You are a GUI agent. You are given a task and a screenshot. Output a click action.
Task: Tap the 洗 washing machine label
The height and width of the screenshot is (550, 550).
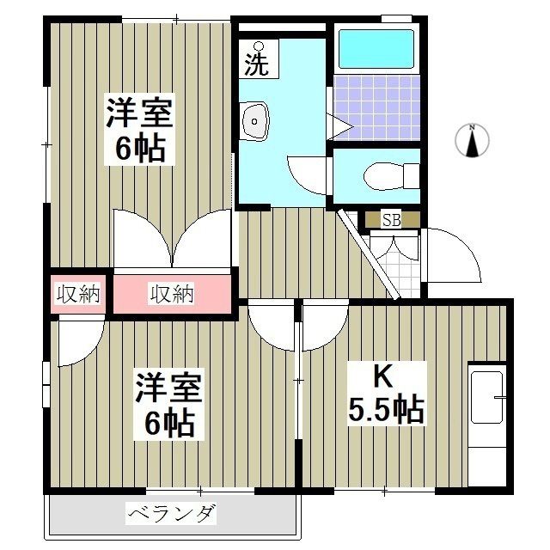(255, 62)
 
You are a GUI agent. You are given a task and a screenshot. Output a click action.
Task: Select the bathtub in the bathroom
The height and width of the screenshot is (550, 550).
(376, 48)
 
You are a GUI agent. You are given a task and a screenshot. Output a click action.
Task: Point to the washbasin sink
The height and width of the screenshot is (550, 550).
(256, 120)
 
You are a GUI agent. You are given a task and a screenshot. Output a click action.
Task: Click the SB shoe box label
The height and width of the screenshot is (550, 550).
(391, 220)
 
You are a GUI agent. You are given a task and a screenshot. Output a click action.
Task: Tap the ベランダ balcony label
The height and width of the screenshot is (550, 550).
(172, 516)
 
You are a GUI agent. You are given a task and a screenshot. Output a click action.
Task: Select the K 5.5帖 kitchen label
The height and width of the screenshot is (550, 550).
(385, 395)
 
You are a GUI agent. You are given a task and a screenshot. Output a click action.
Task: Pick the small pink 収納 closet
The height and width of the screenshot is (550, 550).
(79, 295)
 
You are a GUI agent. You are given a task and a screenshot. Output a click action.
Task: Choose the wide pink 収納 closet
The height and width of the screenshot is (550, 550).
(172, 295)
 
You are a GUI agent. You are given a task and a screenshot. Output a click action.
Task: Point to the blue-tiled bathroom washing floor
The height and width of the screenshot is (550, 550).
(376, 108)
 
